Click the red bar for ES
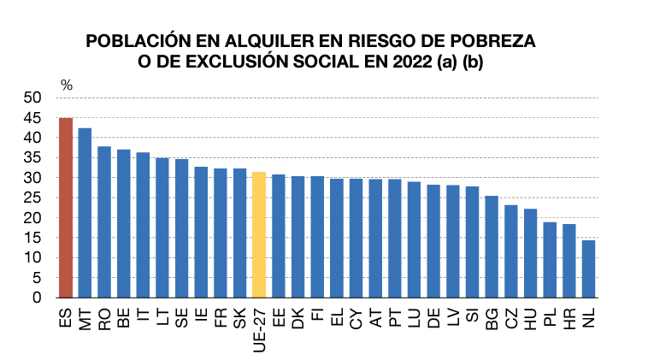click(x=66, y=208)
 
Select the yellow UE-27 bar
click(x=259, y=235)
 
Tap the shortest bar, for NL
click(x=588, y=269)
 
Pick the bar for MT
click(x=85, y=213)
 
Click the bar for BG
click(x=492, y=247)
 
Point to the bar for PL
click(x=550, y=260)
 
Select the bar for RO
click(x=104, y=222)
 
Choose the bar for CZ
click(x=511, y=251)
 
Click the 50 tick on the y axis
click(x=32, y=98)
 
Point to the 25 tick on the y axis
click(x=32, y=198)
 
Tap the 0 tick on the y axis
click(x=38, y=298)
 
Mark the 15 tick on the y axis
click(x=32, y=238)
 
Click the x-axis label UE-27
click(x=259, y=329)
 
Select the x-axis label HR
click(x=569, y=318)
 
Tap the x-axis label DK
click(x=298, y=318)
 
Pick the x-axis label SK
click(x=239, y=318)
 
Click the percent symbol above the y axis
click(x=67, y=86)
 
